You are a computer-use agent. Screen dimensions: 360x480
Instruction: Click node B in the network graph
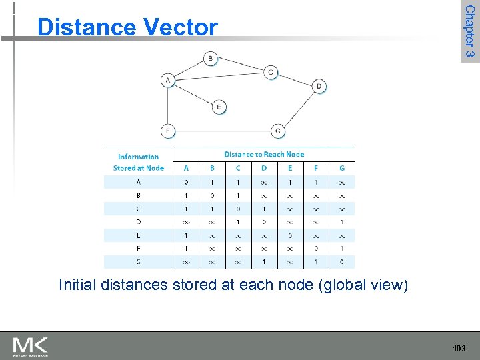tap(211, 59)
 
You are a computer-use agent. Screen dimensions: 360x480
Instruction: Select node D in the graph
tap(319, 86)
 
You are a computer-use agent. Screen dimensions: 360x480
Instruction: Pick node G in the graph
tap(277, 131)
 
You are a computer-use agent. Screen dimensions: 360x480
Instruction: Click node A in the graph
tap(167, 80)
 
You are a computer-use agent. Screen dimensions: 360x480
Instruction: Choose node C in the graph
tap(270, 72)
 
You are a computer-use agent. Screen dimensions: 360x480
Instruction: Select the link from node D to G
tap(299, 108)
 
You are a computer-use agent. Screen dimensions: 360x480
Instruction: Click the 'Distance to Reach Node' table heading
tap(264, 154)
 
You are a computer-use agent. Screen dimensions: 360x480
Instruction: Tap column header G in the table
tap(342, 168)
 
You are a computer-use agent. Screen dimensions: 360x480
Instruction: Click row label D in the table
tap(138, 221)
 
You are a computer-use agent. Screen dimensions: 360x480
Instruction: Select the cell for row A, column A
tap(186, 181)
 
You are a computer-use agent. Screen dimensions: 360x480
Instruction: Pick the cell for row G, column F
tap(316, 261)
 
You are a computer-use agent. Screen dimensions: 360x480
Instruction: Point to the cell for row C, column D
tap(264, 208)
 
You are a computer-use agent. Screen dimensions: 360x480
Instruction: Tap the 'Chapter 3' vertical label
tap(470, 31)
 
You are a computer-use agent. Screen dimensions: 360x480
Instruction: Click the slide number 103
tap(459, 349)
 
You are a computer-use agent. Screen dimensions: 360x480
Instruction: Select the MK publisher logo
tap(30, 347)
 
